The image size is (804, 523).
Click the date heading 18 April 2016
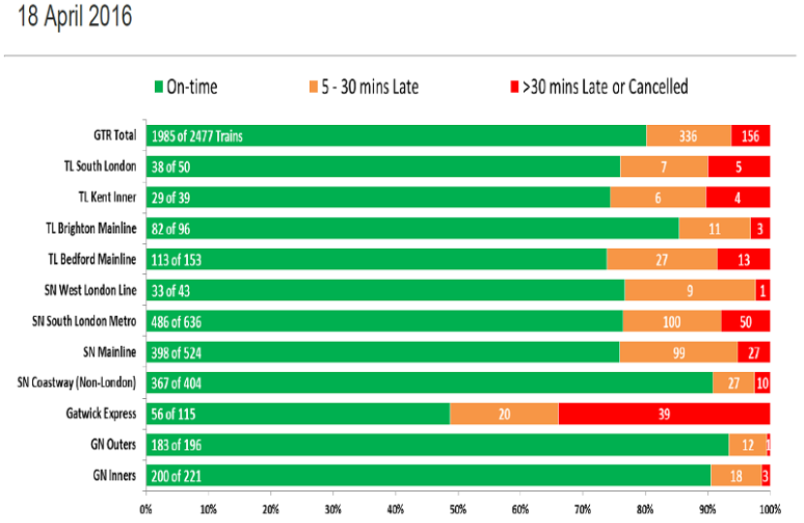(75, 15)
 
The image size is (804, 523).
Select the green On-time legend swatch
(159, 86)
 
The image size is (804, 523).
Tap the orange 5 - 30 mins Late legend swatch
(313, 86)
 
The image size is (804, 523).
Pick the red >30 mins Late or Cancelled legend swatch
(514, 86)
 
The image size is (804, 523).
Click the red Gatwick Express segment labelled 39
(664, 414)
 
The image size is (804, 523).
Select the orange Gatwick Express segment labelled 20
(504, 414)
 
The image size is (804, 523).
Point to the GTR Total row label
(114, 136)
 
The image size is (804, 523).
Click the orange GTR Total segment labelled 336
(689, 136)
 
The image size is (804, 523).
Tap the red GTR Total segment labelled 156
(751, 136)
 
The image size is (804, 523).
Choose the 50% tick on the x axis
(458, 492)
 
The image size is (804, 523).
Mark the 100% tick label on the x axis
(770, 509)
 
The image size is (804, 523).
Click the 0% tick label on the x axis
(146, 509)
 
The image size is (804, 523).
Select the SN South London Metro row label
(84, 322)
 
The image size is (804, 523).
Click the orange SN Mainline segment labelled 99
(678, 353)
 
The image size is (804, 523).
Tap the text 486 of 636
(176, 322)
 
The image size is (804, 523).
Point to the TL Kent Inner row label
(108, 198)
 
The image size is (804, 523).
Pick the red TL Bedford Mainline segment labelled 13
(744, 260)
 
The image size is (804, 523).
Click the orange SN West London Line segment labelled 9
(690, 291)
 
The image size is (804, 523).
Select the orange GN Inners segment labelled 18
(736, 476)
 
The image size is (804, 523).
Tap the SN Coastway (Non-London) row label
(77, 383)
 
